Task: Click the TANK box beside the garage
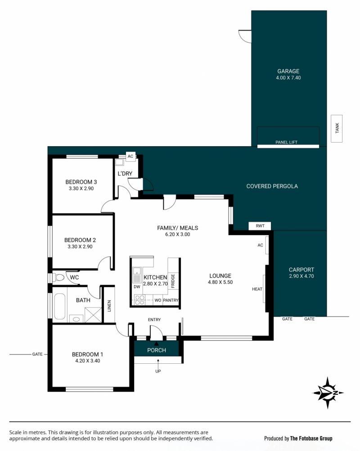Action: coord(337,128)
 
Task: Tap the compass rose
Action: coord(328,393)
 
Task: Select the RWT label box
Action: coord(260,226)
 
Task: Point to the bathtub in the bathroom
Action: coord(59,306)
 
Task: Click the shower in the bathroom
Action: coord(93,315)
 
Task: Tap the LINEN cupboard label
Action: coord(109,306)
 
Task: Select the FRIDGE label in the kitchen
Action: coord(173,281)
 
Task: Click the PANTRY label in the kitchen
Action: coord(171,300)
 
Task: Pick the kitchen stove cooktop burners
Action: coord(139,300)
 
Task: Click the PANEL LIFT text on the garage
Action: coord(286,142)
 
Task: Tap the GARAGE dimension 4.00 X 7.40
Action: coord(288,77)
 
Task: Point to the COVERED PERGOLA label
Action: coord(272,186)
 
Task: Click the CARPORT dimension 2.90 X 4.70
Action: coord(301,276)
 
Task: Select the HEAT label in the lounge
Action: coord(257,289)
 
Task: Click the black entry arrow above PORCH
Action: coord(157,343)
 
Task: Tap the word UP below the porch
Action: coord(158,371)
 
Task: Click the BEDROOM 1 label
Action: coord(87,354)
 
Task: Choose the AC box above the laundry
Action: coord(130,156)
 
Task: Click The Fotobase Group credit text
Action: coord(311,438)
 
